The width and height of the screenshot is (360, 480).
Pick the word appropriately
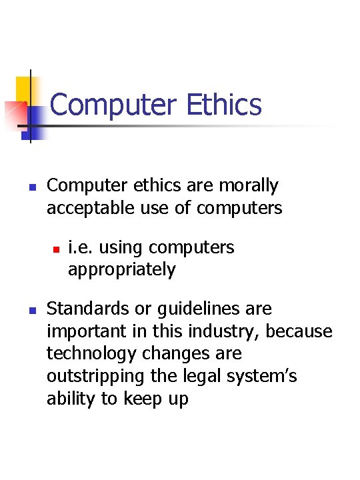click(122, 270)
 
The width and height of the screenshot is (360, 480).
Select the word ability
click(69, 399)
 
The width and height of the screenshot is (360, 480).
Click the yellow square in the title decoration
click(25, 87)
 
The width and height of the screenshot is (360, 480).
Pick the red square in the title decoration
click(15, 113)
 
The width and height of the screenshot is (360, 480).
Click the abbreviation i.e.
click(79, 247)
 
